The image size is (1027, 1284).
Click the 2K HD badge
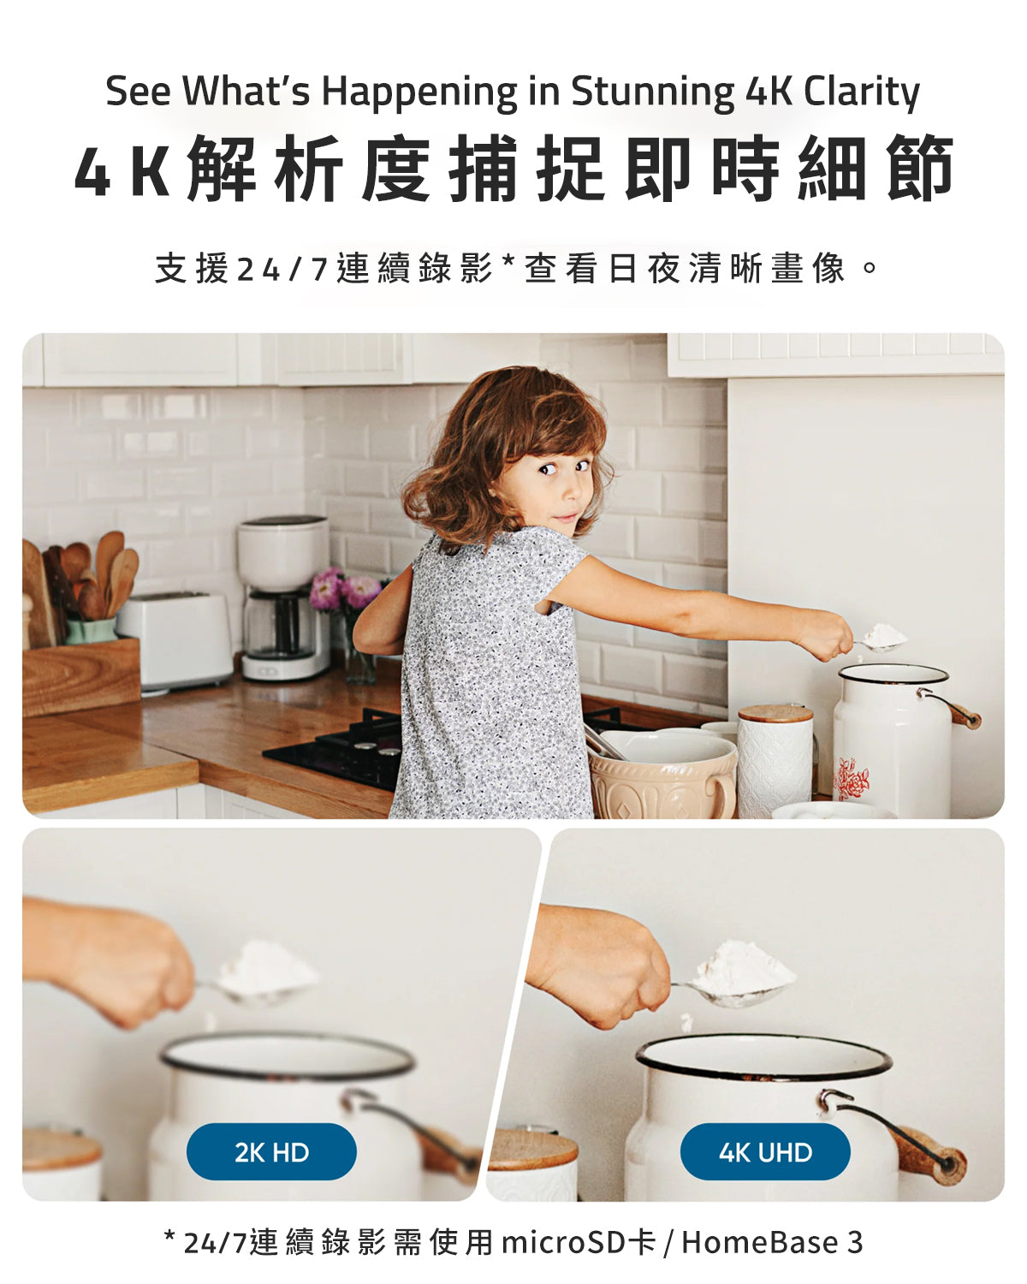coord(271,1152)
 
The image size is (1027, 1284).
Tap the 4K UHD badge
coord(765,1152)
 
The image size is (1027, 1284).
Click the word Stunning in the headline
coord(653,92)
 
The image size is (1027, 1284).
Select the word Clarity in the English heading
coord(862,92)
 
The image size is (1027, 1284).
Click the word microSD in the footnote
coord(563,1243)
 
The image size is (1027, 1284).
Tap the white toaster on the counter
coord(175,642)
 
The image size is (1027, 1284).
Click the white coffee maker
coord(283,597)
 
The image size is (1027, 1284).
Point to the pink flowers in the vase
coord(346,590)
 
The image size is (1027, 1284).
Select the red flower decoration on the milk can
coord(852,779)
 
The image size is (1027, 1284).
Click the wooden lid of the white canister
coord(775,714)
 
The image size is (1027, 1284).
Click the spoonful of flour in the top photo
coord(884,637)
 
